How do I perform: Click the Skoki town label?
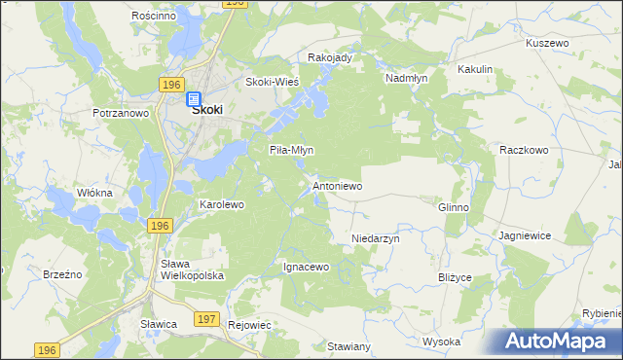pyautogui.click(x=206, y=111)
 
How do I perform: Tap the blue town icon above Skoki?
pyautogui.click(x=193, y=97)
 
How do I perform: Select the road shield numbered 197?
pyautogui.click(x=205, y=318)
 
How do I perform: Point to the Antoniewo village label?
pyautogui.click(x=337, y=185)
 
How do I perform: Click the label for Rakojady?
pyautogui.click(x=329, y=57)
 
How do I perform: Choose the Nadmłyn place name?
pyautogui.click(x=406, y=77)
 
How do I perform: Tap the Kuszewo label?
pyautogui.click(x=546, y=44)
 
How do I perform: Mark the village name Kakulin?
pyautogui.click(x=475, y=70)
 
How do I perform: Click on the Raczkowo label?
pyautogui.click(x=525, y=150)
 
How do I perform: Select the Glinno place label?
pyautogui.click(x=454, y=207)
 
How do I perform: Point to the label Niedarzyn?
pyautogui.click(x=376, y=237)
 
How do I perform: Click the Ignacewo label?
pyautogui.click(x=307, y=266)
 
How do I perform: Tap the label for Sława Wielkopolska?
pyautogui.click(x=192, y=270)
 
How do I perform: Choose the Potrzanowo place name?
pyautogui.click(x=121, y=114)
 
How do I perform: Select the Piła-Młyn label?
pyautogui.click(x=291, y=150)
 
